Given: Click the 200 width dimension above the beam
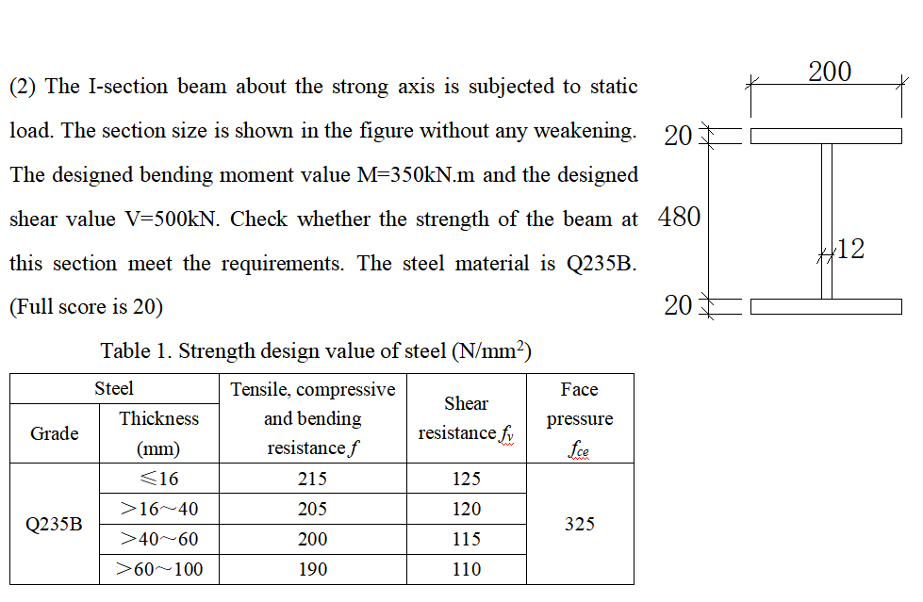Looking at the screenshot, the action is pyautogui.click(x=830, y=72).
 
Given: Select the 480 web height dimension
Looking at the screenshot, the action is pyautogui.click(x=679, y=218).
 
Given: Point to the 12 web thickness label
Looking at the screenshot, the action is pyautogui.click(x=850, y=250).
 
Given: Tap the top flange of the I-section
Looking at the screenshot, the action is pyautogui.click(x=826, y=137).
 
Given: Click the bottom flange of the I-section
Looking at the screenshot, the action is pyautogui.click(x=826, y=306).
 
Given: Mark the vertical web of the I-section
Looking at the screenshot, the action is pyautogui.click(x=827, y=221).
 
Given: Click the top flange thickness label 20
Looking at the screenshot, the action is pyautogui.click(x=678, y=137).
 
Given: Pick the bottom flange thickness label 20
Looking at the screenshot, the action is pyautogui.click(x=678, y=305).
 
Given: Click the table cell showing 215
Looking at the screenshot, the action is pyautogui.click(x=312, y=479).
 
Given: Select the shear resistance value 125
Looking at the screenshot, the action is pyautogui.click(x=466, y=479).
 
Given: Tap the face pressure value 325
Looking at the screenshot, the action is pyautogui.click(x=579, y=524).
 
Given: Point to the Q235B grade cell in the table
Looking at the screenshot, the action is pyautogui.click(x=55, y=525).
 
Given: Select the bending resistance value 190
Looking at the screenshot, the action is pyautogui.click(x=312, y=569).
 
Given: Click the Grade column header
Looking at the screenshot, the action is pyautogui.click(x=55, y=433).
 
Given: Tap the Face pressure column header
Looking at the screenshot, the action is pyautogui.click(x=579, y=418).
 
